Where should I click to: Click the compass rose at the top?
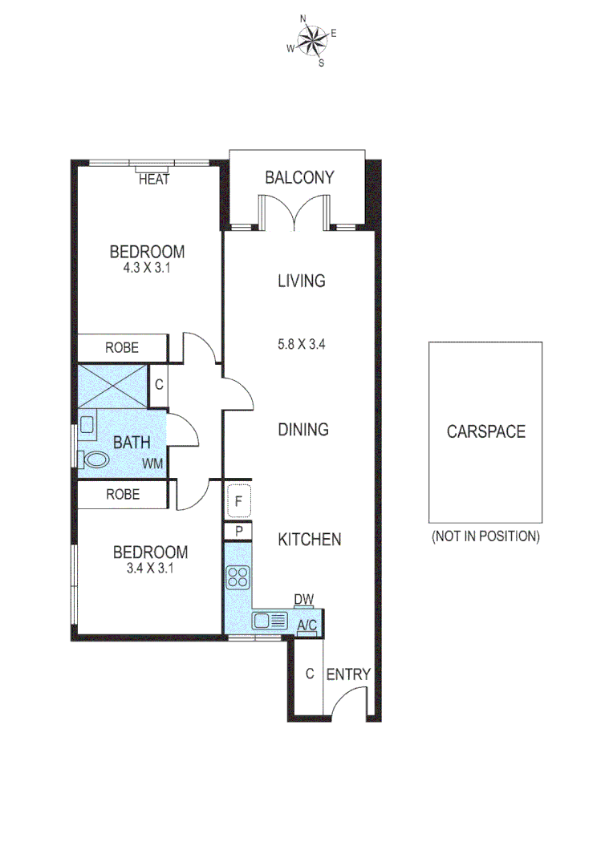point(312,41)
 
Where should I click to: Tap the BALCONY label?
point(298,177)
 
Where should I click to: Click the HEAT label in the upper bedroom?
point(154,180)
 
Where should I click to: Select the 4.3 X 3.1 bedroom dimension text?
point(148,269)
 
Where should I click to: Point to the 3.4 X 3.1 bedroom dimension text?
point(150,569)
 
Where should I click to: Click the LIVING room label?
point(301,281)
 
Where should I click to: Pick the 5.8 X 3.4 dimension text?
point(301,346)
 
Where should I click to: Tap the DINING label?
point(303,430)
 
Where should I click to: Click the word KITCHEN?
point(310,540)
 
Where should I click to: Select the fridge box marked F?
point(239,503)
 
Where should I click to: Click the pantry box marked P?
point(239,531)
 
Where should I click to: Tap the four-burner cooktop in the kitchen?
point(238,577)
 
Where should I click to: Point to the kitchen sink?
point(270,620)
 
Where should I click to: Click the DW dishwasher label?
point(303,599)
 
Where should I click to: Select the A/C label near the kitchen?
point(306,625)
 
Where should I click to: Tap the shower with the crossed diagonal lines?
point(112,386)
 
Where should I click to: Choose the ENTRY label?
point(348,674)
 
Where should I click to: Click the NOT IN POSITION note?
point(485,536)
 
